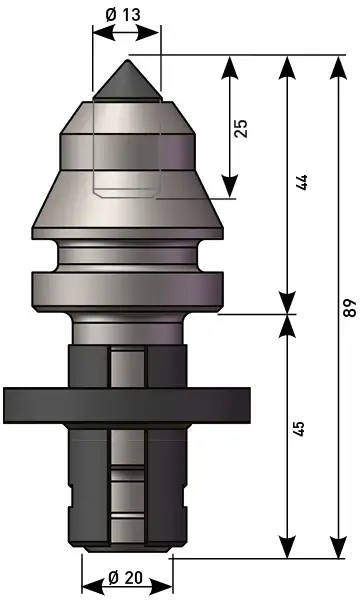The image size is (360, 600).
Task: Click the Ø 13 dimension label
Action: [x=123, y=15]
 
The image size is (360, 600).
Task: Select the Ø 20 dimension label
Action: [x=125, y=577]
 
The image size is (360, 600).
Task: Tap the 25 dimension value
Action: [x=241, y=129]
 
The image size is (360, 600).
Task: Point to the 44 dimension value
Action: [x=301, y=183]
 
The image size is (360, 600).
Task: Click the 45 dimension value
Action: [x=299, y=429]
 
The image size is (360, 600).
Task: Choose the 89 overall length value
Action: [x=349, y=306]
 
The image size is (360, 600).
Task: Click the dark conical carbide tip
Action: [x=128, y=80]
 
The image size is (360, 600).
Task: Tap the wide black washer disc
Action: [x=127, y=405]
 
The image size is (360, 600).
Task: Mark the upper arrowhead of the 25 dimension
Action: [x=229, y=68]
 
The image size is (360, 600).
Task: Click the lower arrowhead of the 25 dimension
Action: [x=229, y=186]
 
